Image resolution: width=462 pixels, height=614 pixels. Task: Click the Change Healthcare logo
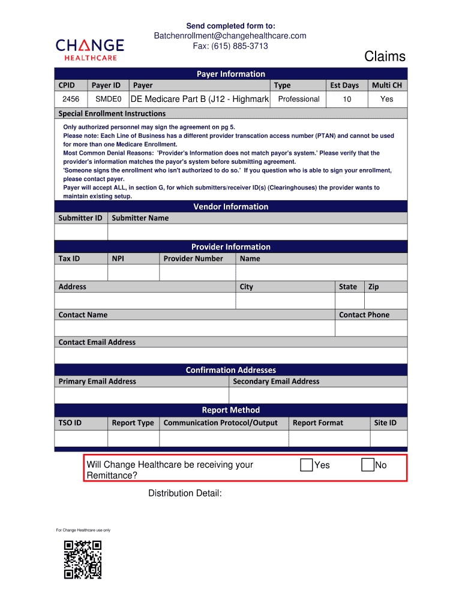click(x=90, y=49)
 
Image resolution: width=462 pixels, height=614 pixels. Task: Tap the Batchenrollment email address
click(x=230, y=36)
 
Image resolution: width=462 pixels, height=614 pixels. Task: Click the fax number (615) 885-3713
click(x=230, y=46)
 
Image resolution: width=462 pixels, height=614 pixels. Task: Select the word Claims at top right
click(x=385, y=57)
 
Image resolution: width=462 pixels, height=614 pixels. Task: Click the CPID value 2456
click(x=71, y=99)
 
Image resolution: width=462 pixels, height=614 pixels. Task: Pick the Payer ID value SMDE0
click(x=109, y=99)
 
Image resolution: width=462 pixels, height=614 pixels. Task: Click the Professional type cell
click(x=299, y=99)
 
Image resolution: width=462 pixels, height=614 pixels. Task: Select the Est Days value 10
click(x=347, y=99)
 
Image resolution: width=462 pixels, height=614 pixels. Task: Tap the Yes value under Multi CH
click(x=386, y=99)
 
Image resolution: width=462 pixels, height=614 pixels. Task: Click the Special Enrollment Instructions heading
click(x=112, y=113)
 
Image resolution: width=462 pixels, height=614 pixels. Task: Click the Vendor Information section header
click(x=230, y=207)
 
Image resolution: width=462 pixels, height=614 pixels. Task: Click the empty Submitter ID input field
click(x=81, y=232)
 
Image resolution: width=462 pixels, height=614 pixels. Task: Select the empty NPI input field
click(x=133, y=272)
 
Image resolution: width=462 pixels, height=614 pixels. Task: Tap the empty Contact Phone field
click(x=371, y=328)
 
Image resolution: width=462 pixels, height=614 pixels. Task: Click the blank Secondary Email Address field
click(x=317, y=395)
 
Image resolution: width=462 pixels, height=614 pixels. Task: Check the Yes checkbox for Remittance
click(x=307, y=465)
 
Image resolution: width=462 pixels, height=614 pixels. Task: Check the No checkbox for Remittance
click(x=368, y=465)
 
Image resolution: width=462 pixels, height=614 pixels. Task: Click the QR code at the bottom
click(x=83, y=559)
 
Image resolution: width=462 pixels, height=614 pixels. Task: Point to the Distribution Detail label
click(x=185, y=493)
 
